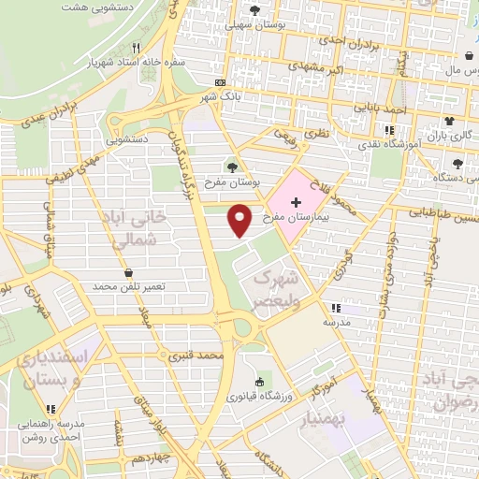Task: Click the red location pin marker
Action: point(240,219)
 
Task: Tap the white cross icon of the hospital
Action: point(297,203)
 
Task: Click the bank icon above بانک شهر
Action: point(220,82)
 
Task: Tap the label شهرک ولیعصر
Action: point(277,289)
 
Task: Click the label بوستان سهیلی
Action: point(253,25)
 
